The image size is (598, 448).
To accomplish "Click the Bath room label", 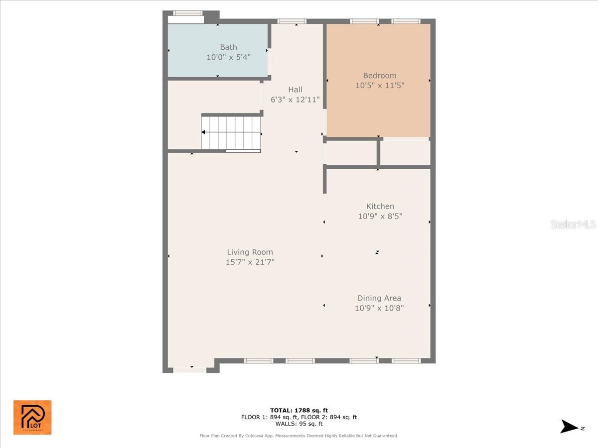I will pos(229,47).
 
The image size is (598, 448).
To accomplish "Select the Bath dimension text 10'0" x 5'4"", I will pos(229,57).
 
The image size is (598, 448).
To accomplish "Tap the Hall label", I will pos(295,90).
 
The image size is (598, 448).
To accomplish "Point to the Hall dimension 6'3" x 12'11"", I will pos(295,100).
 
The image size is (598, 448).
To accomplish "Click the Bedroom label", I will pos(380,76).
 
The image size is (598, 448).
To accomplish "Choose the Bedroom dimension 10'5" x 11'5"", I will pos(380,86).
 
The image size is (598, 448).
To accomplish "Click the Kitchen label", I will pos(380,206).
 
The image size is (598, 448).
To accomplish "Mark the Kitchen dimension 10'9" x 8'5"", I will pos(380,216).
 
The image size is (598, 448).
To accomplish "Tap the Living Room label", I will pos(250,252).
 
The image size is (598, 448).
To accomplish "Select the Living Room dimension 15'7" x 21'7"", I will pos(250,262).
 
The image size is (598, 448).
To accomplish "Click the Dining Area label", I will pos(379,298).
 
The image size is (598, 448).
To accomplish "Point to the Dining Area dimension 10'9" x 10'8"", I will pos(379,308).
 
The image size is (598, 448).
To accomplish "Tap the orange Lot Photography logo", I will pos(32,417).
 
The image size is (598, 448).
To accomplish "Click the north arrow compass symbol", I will pos(569,427).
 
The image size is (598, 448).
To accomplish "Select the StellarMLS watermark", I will pos(573,224).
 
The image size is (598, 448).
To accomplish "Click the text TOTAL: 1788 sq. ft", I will pos(299,410).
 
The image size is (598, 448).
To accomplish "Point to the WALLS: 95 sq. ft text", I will pos(299,424).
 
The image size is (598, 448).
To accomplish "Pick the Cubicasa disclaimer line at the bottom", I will pos(299,436).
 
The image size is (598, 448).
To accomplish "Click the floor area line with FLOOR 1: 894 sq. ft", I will pos(299,417).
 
